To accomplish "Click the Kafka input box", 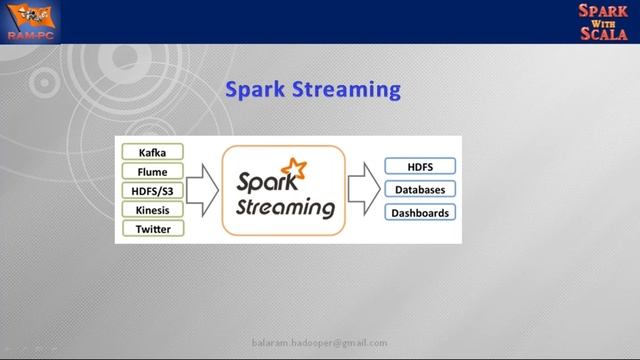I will tap(153, 152).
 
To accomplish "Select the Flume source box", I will tap(153, 171).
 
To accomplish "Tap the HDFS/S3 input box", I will tap(153, 190).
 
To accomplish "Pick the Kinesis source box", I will tap(153, 210).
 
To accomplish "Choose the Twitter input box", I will tap(153, 229).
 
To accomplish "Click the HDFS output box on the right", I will tap(420, 166).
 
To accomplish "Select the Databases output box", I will tap(420, 189).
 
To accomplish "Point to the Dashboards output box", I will tap(420, 212).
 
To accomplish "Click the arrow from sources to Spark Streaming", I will tap(202, 190).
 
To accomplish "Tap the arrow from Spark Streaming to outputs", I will tap(362, 189).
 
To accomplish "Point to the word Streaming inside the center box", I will tap(285, 208).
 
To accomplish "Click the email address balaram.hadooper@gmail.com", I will tap(319, 342).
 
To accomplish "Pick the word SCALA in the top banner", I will tap(602, 33).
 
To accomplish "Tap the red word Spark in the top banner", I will tap(602, 12).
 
